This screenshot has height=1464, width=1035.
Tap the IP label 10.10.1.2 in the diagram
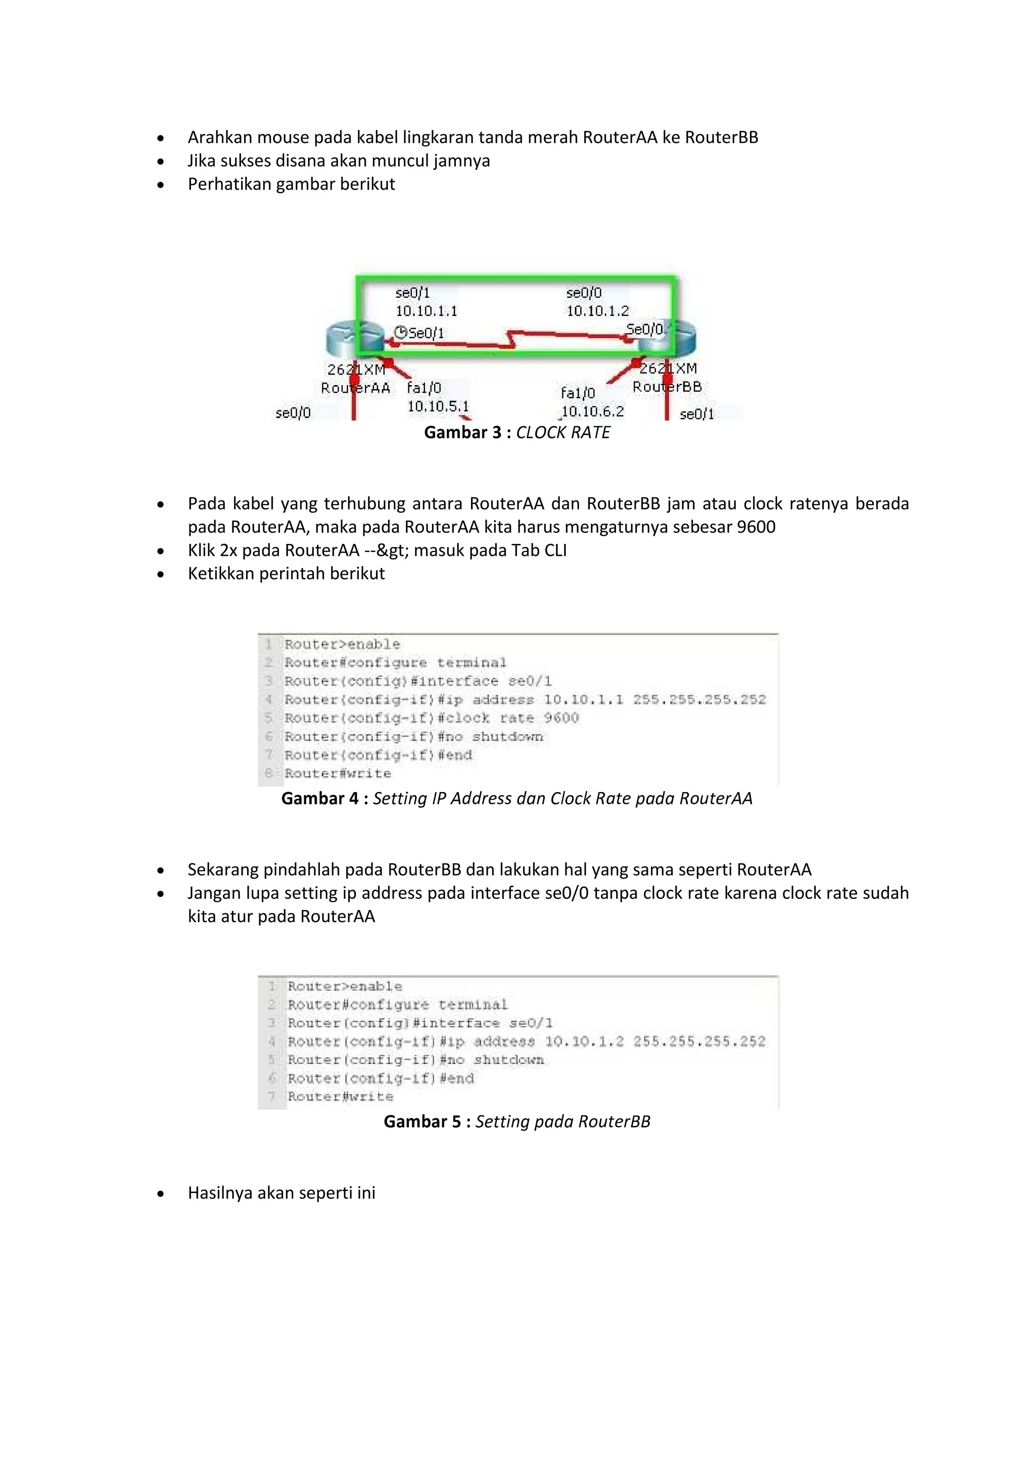click(597, 311)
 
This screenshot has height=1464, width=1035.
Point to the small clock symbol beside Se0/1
click(400, 332)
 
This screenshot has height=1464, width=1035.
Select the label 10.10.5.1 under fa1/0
click(438, 406)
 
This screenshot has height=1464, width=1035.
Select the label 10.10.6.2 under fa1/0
click(592, 411)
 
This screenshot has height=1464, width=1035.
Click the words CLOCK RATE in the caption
click(563, 432)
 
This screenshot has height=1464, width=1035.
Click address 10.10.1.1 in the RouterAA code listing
click(583, 700)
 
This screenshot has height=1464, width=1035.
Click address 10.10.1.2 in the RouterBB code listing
click(584, 1041)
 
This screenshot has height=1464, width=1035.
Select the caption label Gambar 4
click(320, 798)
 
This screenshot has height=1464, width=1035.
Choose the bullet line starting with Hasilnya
click(281, 1193)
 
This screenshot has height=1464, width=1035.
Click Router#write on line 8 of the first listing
click(338, 773)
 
